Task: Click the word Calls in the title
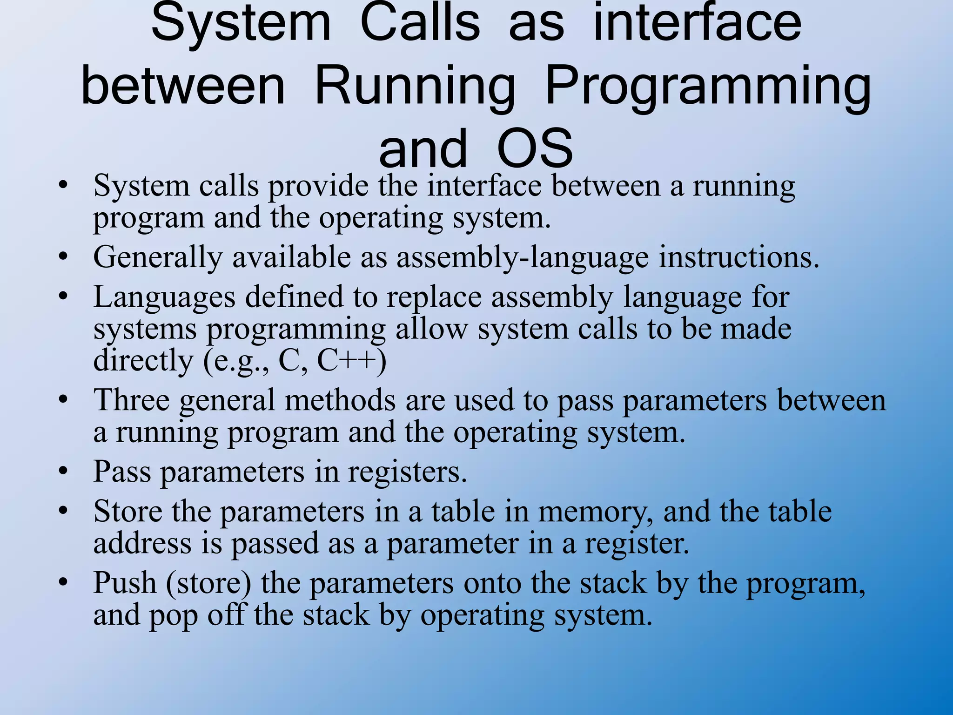point(420,22)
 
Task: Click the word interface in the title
point(698,22)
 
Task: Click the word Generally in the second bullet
point(158,257)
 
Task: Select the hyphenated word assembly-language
point(522,257)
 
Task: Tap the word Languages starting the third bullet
point(164,297)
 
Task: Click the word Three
point(132,400)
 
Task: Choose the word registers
point(407,472)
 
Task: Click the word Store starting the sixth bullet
point(128,511)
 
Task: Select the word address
point(142,543)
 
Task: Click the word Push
point(125,583)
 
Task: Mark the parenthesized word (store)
point(208,583)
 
